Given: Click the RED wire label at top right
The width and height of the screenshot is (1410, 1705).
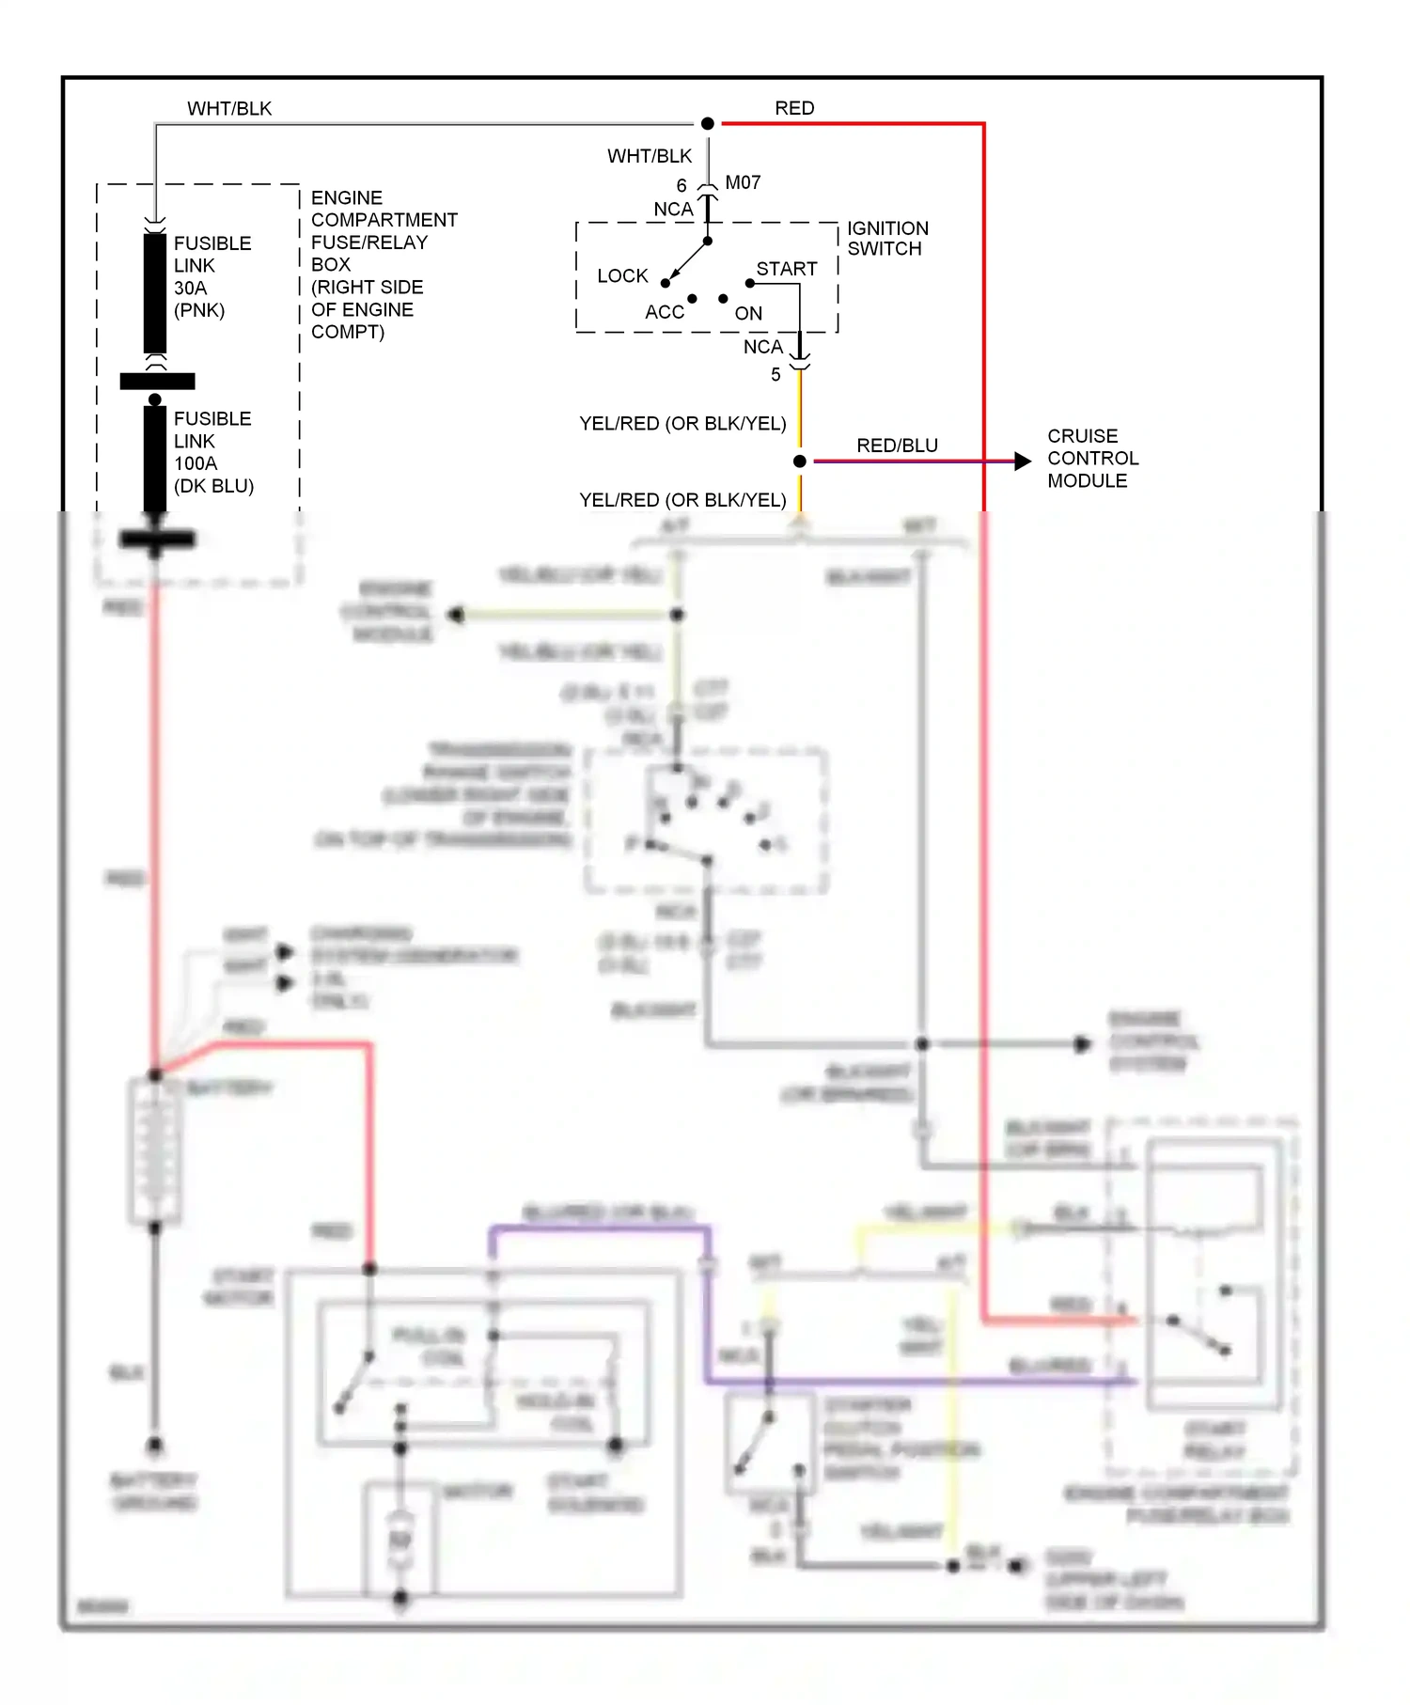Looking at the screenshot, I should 794,108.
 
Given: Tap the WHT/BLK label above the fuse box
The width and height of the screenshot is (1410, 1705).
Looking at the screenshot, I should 229,108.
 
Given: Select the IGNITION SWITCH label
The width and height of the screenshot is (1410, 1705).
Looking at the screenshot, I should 886,239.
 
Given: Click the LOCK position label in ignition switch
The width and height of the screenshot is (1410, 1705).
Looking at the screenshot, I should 622,275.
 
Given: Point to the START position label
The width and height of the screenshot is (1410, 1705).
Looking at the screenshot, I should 787,269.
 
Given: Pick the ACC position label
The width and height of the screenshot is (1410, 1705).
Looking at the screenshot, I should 665,312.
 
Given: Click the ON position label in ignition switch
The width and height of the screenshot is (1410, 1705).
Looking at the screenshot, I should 748,313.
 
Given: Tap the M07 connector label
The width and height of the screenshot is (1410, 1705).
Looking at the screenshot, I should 743,182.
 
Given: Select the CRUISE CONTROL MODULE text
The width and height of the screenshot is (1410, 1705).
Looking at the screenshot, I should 1092,459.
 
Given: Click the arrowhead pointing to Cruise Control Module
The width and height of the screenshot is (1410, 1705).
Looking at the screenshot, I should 1023,461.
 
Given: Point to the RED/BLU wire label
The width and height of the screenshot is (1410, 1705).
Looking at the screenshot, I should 897,446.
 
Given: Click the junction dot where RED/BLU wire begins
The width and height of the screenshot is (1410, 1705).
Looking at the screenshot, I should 800,461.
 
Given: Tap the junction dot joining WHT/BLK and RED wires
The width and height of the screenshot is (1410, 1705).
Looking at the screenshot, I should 708,123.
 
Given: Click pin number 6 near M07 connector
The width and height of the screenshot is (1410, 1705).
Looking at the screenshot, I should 681,185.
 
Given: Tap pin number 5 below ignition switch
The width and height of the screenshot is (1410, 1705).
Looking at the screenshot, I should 775,374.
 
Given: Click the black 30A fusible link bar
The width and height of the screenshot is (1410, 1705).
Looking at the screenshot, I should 155,293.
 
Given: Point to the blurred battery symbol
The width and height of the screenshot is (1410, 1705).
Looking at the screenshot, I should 154,1150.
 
